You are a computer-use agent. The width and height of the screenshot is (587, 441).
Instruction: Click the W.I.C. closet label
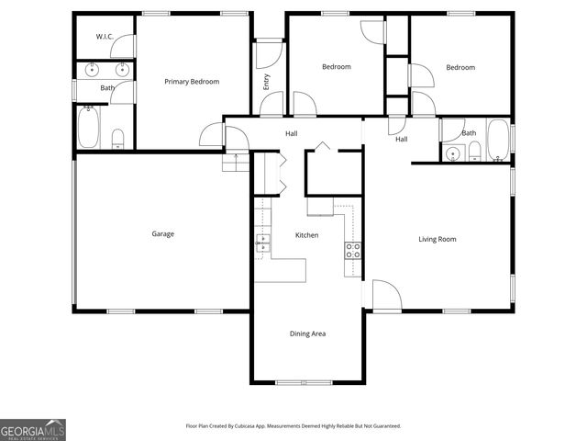(x=105, y=37)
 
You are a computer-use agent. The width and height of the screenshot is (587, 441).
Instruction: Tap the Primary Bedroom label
(x=192, y=82)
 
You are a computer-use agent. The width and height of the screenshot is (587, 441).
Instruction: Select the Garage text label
(x=162, y=234)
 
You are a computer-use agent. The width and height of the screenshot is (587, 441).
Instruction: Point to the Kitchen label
(x=306, y=236)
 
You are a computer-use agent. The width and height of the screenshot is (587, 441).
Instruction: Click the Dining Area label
(x=307, y=334)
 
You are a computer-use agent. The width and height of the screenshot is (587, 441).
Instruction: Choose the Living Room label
(x=437, y=240)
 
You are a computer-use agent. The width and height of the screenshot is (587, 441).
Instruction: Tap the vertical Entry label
(x=267, y=81)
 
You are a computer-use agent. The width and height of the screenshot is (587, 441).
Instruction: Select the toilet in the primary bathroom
(x=117, y=139)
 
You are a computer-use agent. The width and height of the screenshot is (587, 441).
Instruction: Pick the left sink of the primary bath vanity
(x=92, y=70)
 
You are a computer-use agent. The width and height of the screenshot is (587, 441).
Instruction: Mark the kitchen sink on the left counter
(x=263, y=243)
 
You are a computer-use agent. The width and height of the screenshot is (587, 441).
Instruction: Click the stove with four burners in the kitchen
(x=353, y=248)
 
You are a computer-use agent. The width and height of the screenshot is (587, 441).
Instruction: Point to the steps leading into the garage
(x=236, y=163)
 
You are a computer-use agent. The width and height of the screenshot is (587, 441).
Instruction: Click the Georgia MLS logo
(x=33, y=430)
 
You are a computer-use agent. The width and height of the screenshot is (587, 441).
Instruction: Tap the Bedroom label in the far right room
(x=460, y=67)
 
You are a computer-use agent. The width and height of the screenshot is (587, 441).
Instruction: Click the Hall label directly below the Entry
(x=291, y=134)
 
